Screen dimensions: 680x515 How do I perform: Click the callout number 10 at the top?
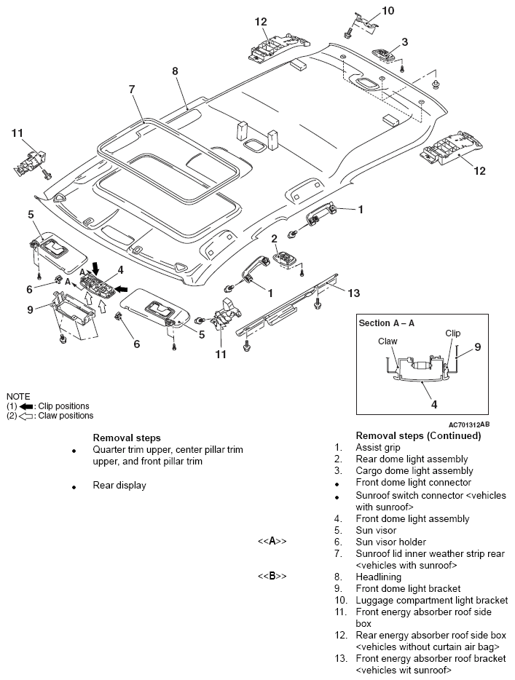(x=388, y=10)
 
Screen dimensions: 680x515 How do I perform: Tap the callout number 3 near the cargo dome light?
(x=404, y=41)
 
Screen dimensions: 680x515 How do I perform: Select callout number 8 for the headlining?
(x=175, y=71)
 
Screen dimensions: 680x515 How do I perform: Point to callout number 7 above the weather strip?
(x=132, y=90)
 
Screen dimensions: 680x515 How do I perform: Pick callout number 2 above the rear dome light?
(x=275, y=238)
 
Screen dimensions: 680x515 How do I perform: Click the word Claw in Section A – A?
(x=387, y=340)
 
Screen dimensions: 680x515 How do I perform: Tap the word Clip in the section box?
(x=453, y=333)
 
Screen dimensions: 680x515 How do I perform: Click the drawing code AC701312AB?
(x=469, y=424)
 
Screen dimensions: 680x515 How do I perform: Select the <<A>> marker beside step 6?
(x=271, y=542)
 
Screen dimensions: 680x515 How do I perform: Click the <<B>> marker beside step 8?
(x=271, y=577)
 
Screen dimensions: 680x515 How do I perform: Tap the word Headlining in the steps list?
(x=378, y=577)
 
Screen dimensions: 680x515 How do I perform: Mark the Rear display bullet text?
(x=119, y=485)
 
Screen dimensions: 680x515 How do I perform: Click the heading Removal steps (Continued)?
(x=417, y=435)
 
